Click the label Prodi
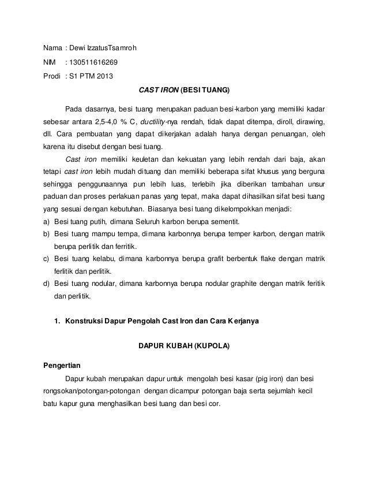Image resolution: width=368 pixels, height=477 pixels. pos(53,76)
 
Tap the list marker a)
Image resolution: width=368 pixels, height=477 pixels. pos(47,222)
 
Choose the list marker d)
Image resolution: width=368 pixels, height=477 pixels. pos(47,285)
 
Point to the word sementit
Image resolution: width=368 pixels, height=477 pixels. pos(225,222)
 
